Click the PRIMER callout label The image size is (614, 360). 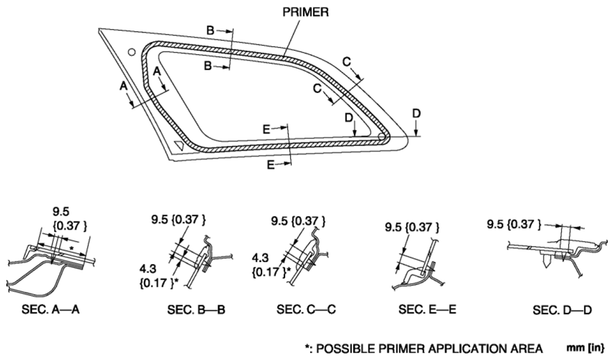pos(305,12)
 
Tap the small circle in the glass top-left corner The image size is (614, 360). pos(132,51)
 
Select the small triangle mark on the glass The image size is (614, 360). pos(179,144)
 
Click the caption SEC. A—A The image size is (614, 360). pos(51,309)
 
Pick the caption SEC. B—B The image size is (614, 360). pos(196,310)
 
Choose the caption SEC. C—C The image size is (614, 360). pos(306,309)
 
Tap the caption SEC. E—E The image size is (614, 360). pos(427,309)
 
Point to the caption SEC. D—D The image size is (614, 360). pos(563,310)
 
